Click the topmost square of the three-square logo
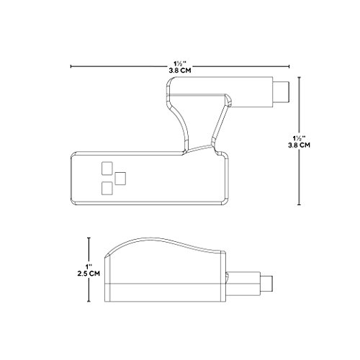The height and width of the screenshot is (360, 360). (x=107, y=168)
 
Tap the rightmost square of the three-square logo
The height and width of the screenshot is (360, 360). (x=120, y=179)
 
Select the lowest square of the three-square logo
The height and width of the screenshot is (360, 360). (x=107, y=188)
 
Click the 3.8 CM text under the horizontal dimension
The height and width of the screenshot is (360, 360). (x=180, y=71)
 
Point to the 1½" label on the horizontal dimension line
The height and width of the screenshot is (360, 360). (x=180, y=64)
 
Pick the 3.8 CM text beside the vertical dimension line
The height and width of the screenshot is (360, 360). (x=299, y=145)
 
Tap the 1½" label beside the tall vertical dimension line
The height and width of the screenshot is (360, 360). (x=299, y=138)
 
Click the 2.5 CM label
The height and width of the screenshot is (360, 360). (x=89, y=274)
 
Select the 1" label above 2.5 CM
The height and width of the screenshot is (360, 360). (x=89, y=266)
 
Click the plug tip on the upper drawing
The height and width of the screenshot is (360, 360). (x=282, y=92)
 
